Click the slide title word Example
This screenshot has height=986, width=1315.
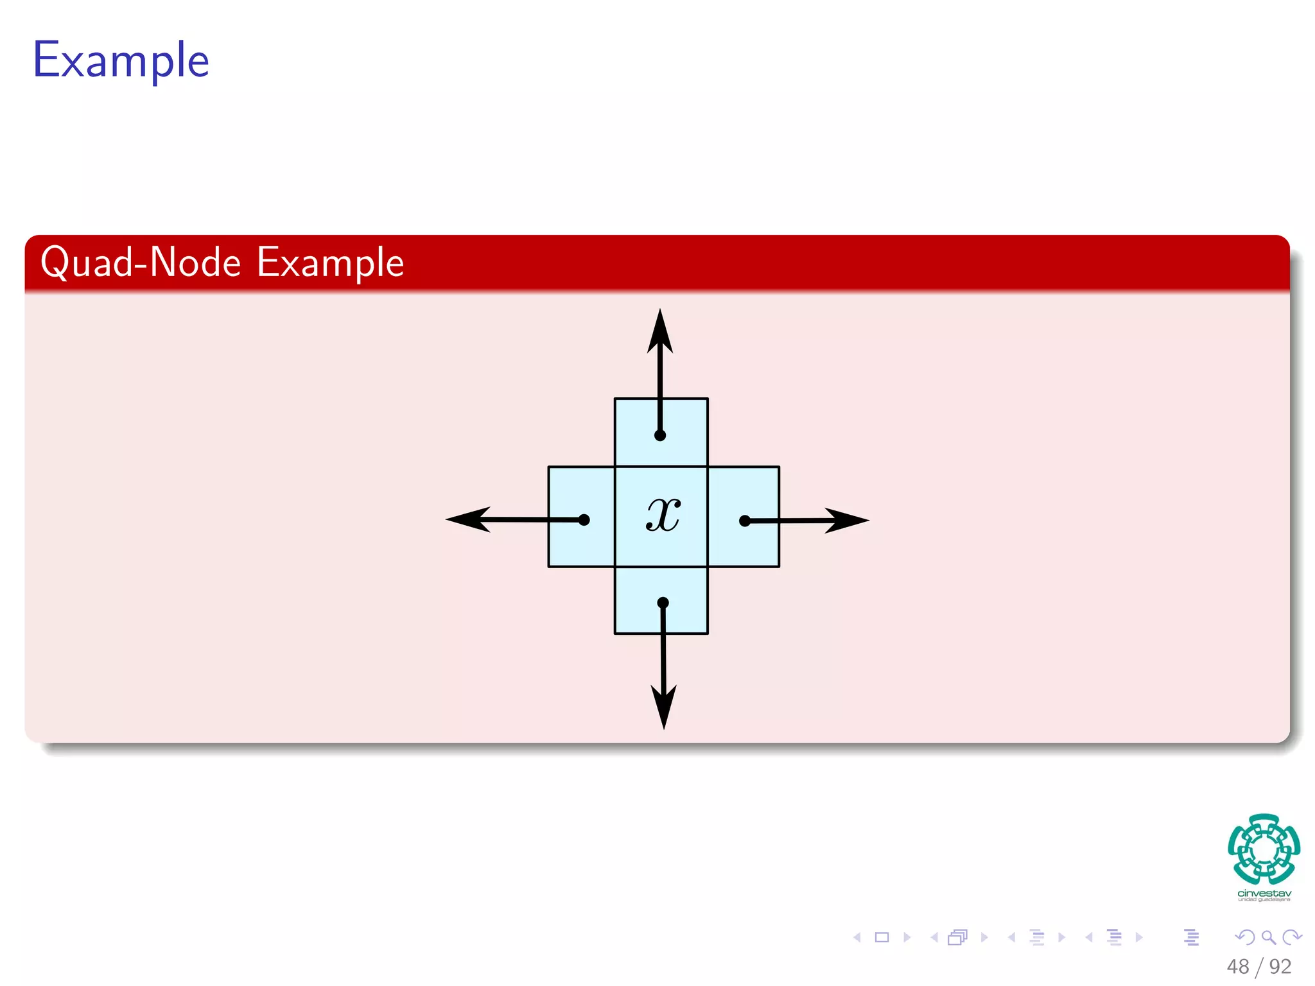(121, 61)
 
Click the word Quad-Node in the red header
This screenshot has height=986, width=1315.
(140, 263)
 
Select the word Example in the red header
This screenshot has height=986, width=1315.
(330, 263)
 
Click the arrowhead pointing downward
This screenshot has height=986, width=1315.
(664, 706)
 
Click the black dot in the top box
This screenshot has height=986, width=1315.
(660, 435)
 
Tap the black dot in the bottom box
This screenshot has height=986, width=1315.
(663, 603)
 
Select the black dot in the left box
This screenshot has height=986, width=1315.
(584, 520)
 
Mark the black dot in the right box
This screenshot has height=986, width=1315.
(745, 521)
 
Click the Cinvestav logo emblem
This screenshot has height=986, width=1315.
(1264, 849)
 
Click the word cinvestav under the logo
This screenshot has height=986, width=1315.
(1264, 894)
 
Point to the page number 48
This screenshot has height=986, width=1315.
(1238, 966)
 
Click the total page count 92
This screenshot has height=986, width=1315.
(1280, 966)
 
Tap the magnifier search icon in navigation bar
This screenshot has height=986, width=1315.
(1268, 937)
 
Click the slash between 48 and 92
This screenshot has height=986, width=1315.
(1259, 967)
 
